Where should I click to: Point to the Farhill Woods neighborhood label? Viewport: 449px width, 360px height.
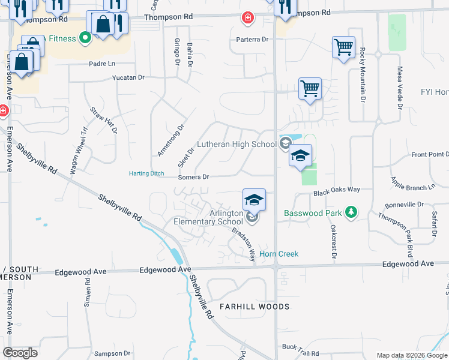click(254, 307)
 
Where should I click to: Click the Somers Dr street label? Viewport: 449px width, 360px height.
click(193, 177)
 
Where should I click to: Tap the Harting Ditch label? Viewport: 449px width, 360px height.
click(146, 174)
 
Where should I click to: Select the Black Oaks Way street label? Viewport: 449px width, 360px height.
click(337, 190)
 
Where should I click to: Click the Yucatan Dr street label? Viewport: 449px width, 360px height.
click(128, 78)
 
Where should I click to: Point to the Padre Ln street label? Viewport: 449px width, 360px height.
click(101, 64)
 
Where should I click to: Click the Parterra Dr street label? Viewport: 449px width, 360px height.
click(252, 40)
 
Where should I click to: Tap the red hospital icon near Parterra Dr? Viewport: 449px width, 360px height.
click(247, 18)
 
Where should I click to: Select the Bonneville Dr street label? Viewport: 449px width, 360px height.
click(404, 205)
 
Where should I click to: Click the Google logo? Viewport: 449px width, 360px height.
click(20, 353)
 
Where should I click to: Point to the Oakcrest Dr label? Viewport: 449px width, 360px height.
click(333, 242)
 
